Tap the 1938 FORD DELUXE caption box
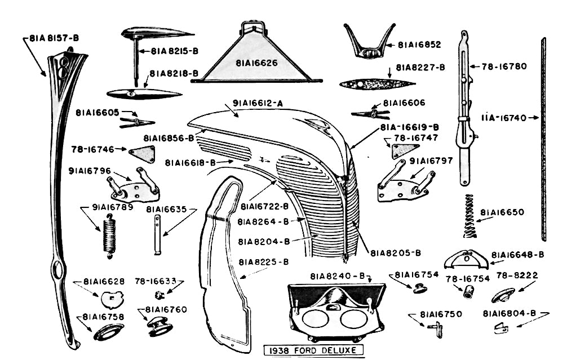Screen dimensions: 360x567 313,350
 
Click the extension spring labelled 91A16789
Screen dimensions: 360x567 109,235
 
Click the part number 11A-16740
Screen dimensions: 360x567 503,118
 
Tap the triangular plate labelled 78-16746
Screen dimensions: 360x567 143,153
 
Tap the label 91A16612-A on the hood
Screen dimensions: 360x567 258,104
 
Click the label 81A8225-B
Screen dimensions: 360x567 263,262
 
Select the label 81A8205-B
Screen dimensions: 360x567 396,252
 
